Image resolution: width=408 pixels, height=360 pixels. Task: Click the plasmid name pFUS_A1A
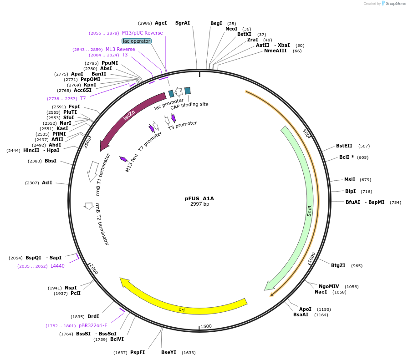point(199,198)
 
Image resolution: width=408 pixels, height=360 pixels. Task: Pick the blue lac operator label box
point(137,41)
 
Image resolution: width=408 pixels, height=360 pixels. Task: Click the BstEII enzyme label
point(344,146)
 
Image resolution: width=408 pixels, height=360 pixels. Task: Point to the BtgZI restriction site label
point(338,265)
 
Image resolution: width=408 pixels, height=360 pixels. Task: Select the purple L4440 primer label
point(57,266)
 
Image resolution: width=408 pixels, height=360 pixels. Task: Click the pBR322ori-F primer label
point(93,325)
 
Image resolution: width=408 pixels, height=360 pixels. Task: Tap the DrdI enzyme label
point(93,316)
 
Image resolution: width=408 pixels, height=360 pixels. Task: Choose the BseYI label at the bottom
point(168,352)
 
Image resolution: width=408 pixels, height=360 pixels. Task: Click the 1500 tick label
point(206,326)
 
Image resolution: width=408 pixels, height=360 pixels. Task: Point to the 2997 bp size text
point(199,204)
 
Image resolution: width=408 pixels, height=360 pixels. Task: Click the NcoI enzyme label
point(231,29)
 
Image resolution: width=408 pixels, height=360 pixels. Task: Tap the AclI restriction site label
point(47,183)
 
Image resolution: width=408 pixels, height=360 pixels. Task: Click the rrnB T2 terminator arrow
point(88,206)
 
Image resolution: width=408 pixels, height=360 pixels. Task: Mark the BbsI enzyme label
point(51,161)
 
